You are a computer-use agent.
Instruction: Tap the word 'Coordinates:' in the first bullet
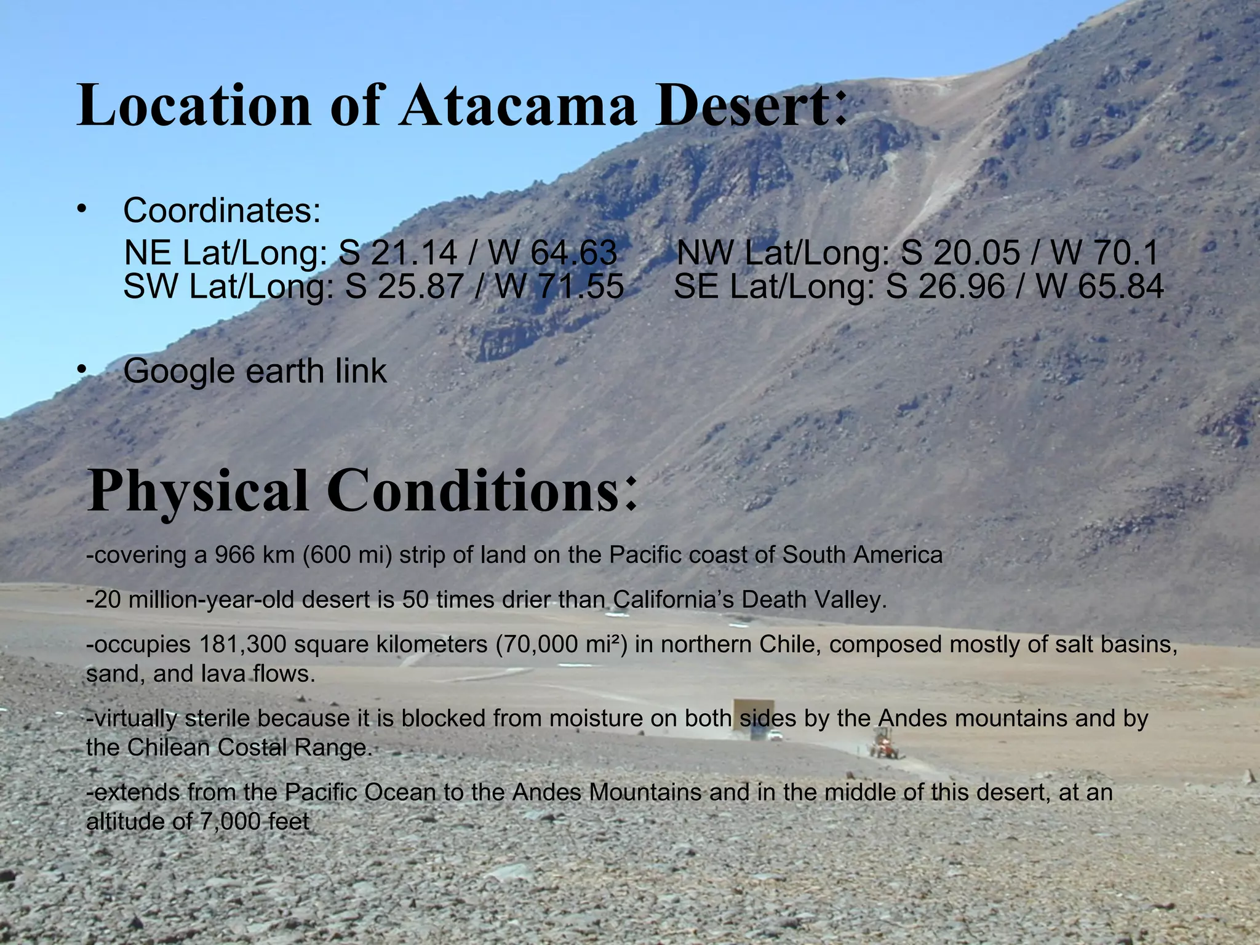pos(222,210)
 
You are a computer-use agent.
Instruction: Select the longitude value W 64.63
pos(552,252)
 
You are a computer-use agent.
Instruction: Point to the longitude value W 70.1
pos(1104,252)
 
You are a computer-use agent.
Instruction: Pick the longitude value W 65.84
pos(1099,287)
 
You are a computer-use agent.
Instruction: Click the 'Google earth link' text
pos(255,371)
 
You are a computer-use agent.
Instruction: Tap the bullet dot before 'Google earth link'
pos(81,370)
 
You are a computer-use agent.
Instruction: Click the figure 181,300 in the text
pos(239,644)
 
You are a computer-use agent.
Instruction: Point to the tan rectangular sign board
pos(752,714)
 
